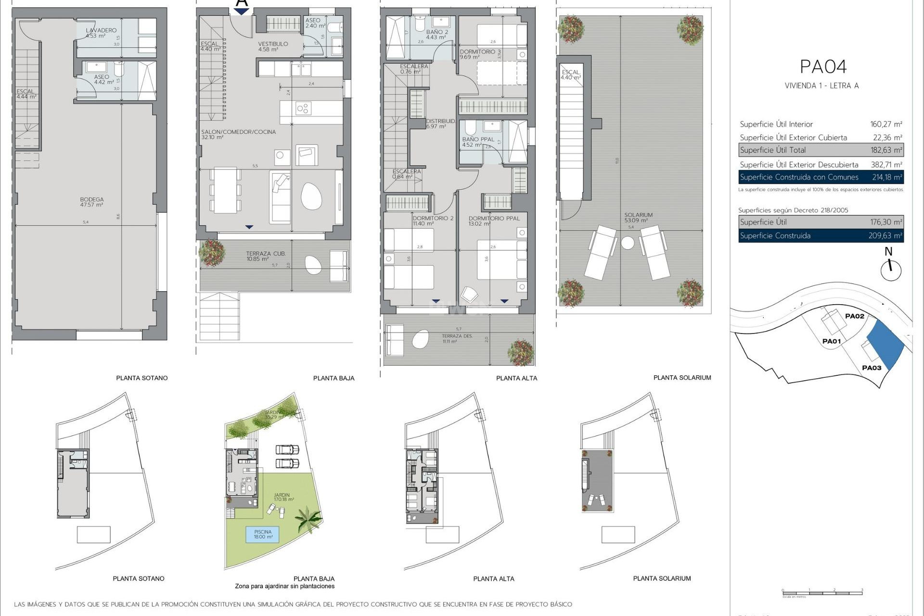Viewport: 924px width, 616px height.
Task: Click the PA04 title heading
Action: (x=823, y=67)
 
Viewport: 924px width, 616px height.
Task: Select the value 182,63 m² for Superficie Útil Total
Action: (x=886, y=150)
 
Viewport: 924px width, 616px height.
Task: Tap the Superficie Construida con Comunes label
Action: (x=799, y=177)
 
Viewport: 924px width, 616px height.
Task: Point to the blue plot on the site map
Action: (x=885, y=344)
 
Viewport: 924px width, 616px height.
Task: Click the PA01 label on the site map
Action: (x=831, y=341)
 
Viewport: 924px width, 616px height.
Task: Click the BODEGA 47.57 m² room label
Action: (x=92, y=202)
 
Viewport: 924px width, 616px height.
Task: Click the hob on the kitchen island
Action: (x=303, y=109)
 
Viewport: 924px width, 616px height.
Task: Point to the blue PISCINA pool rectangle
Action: (x=263, y=534)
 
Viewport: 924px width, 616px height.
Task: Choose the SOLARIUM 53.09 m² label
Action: (x=638, y=218)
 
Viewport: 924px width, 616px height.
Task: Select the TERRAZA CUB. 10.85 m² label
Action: (x=265, y=256)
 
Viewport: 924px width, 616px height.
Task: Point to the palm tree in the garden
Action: (x=308, y=520)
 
